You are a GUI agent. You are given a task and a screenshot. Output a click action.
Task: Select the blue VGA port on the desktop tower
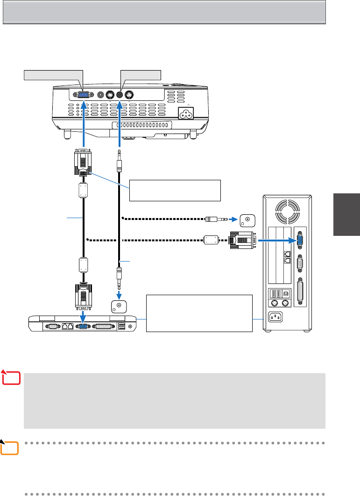click(x=299, y=240)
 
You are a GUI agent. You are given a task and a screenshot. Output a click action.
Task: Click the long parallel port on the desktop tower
click(x=299, y=292)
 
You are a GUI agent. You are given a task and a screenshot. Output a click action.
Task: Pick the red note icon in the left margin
click(x=13, y=378)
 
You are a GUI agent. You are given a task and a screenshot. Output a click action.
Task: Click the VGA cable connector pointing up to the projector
click(x=83, y=162)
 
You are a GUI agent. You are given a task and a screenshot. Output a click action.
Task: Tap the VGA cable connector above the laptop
click(x=83, y=296)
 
